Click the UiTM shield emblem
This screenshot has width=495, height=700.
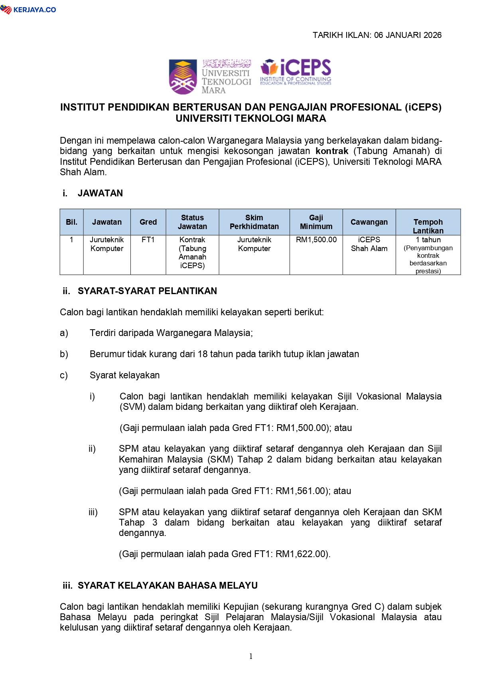coord(183,76)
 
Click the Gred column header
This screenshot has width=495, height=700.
coord(148,222)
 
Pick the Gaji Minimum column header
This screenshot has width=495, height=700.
coord(316,222)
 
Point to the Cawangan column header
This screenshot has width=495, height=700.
coord(369,222)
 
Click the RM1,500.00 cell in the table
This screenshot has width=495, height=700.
coord(316,240)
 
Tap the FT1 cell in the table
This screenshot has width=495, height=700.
coord(148,240)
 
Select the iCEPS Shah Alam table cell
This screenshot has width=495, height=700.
coord(369,244)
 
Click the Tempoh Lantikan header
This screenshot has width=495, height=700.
coord(428,226)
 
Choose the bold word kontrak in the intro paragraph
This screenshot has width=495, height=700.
coord(332,151)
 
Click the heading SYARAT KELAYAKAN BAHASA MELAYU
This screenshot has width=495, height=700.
coord(168,585)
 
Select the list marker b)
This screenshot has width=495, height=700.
coord(64,354)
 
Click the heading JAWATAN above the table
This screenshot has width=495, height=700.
coord(100,194)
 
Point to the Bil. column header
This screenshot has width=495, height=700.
coord(72,222)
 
